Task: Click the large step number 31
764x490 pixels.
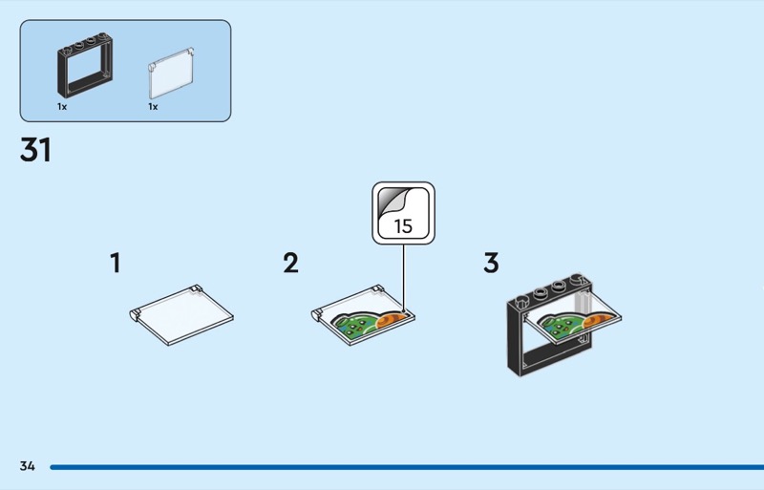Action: tap(35, 151)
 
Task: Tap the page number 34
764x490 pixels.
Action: tap(27, 466)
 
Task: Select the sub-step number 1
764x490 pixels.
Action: tap(116, 263)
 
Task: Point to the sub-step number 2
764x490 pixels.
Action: tap(290, 263)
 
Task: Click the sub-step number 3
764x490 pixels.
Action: tap(491, 263)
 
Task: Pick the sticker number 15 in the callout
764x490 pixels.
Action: tap(403, 226)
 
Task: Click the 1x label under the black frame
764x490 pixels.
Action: tap(62, 107)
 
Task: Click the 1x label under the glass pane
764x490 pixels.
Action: tap(153, 107)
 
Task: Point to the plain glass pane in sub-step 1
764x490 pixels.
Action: tap(182, 314)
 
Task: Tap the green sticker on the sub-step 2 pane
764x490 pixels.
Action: tap(355, 326)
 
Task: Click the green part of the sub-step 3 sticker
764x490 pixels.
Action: tap(558, 327)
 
